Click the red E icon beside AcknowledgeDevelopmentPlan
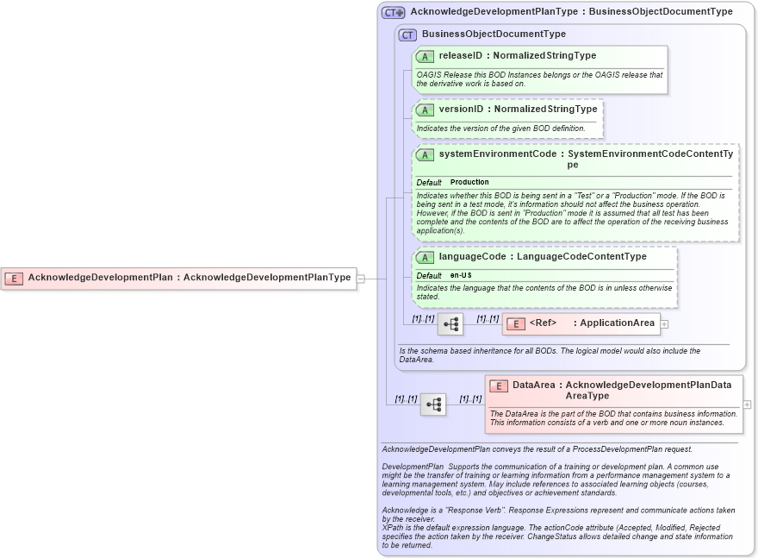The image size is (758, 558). (14, 278)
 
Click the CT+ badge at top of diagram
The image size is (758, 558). (394, 12)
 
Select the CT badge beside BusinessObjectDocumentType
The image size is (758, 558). (407, 34)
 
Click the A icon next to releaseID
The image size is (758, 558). (425, 56)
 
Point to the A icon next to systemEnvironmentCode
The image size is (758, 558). (425, 155)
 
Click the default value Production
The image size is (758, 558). (469, 183)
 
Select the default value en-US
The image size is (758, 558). (461, 275)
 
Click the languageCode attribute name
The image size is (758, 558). (471, 257)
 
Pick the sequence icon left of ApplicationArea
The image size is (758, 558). (450, 324)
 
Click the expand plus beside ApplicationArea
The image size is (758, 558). (664, 324)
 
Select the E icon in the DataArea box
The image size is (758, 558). (498, 386)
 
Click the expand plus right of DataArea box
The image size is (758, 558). (747, 404)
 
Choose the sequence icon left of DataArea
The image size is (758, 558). (433, 404)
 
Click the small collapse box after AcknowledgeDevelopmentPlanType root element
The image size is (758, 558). (361, 279)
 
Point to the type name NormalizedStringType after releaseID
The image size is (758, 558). (545, 56)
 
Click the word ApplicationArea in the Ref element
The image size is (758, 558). (618, 323)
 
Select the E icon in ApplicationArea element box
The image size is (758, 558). (515, 324)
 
